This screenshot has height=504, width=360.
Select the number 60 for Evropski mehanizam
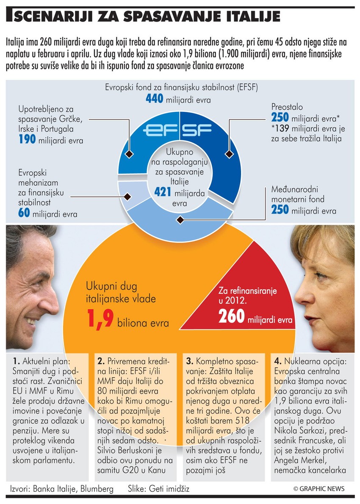[24, 213]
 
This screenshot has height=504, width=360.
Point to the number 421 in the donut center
[162, 193]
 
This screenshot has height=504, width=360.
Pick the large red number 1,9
[100, 318]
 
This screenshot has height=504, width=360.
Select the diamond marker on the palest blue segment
[127, 196]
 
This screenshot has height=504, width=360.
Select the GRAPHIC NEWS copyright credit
[319, 488]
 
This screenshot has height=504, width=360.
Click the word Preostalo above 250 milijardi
[287, 108]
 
